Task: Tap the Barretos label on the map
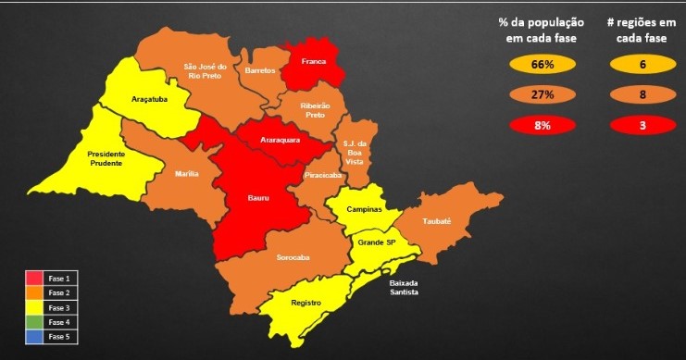click(260, 70)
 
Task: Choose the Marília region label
click(187, 173)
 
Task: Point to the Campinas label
click(364, 209)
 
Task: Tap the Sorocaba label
click(293, 256)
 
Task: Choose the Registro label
click(306, 302)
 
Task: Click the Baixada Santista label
click(404, 287)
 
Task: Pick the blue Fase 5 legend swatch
click(35, 336)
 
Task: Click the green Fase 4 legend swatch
click(35, 322)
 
